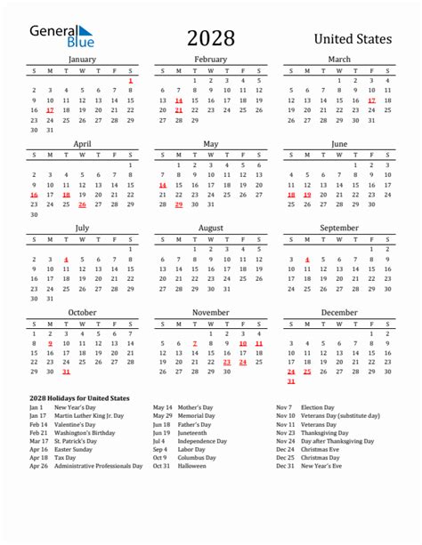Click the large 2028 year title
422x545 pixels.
click(x=211, y=37)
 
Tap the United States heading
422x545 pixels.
click(x=353, y=39)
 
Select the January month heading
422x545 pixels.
click(x=82, y=60)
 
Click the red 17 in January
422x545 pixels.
click(x=50, y=110)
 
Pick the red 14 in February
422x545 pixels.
click(x=179, y=100)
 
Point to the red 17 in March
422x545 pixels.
click(x=371, y=100)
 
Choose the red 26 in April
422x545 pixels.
click(x=82, y=204)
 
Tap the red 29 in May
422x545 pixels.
click(x=179, y=204)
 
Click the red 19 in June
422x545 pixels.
click(x=307, y=195)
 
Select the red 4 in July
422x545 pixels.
click(x=66, y=260)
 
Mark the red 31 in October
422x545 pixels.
click(x=50, y=372)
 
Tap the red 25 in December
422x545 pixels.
click(x=307, y=372)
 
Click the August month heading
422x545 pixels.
click(x=211, y=228)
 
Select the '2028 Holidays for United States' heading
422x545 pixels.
click(x=79, y=397)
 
